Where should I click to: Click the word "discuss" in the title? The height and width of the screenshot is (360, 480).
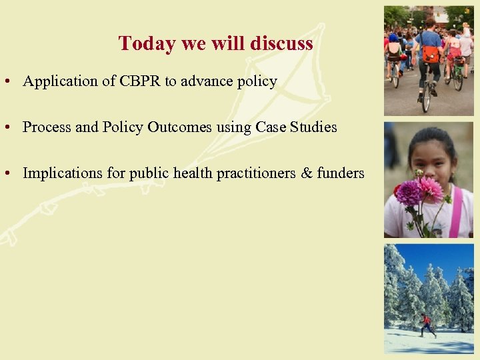(x=282, y=43)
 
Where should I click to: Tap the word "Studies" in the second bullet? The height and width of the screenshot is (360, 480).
(x=313, y=127)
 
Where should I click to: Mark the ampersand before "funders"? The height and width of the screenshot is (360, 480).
(x=306, y=173)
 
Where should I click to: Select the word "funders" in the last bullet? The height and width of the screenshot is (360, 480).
(x=341, y=173)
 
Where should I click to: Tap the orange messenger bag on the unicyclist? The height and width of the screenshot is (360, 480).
(x=431, y=54)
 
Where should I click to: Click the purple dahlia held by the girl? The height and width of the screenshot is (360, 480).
(x=409, y=193)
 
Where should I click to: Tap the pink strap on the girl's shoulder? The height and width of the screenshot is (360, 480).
(x=456, y=213)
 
